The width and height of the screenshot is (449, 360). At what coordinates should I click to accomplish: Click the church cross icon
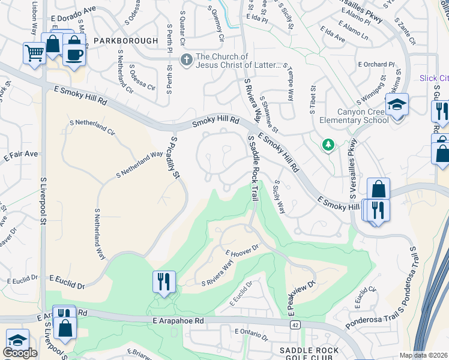[187, 59]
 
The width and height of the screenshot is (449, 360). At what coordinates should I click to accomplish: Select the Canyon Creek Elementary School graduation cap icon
[397, 104]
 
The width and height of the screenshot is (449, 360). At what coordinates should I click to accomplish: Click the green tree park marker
[328, 144]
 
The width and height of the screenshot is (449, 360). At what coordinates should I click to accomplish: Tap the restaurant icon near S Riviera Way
[163, 281]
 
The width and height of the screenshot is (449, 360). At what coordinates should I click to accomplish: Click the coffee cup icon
[74, 55]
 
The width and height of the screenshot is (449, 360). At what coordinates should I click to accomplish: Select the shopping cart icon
[34, 53]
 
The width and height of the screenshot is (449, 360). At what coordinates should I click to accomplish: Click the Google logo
[20, 353]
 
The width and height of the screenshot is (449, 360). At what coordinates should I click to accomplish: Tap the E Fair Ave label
[20, 154]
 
